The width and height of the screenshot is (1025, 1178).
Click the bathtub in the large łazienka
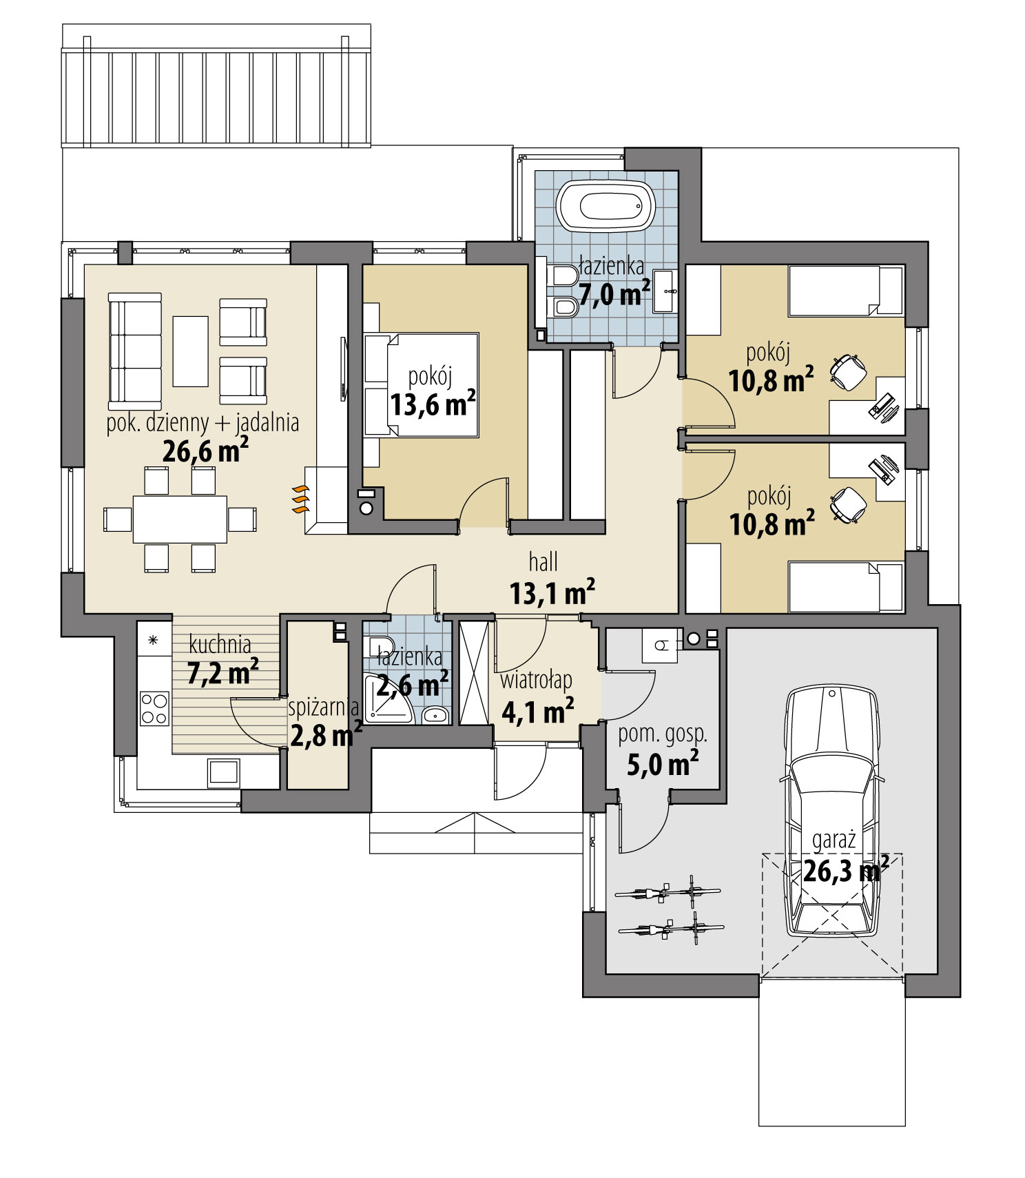pyautogui.click(x=605, y=206)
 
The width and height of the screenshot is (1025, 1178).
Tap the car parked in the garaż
pyautogui.click(x=832, y=809)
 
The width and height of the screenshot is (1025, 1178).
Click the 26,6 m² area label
pyautogui.click(x=205, y=451)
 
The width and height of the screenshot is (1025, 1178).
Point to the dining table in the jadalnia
pyautogui.click(x=180, y=519)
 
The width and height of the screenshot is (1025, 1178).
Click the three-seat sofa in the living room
pyautogui.click(x=134, y=351)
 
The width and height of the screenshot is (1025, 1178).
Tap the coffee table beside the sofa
pyautogui.click(x=190, y=351)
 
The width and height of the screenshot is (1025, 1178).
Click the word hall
pyautogui.click(x=543, y=562)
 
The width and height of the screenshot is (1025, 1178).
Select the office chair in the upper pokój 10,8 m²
pyautogui.click(x=848, y=373)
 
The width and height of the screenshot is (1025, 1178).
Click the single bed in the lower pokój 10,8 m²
pyautogui.click(x=845, y=587)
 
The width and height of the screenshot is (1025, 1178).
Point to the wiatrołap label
pyautogui.click(x=536, y=681)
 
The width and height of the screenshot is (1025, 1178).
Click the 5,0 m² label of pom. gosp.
pyautogui.click(x=663, y=763)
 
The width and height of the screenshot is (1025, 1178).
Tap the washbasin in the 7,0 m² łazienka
pyautogui.click(x=665, y=291)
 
